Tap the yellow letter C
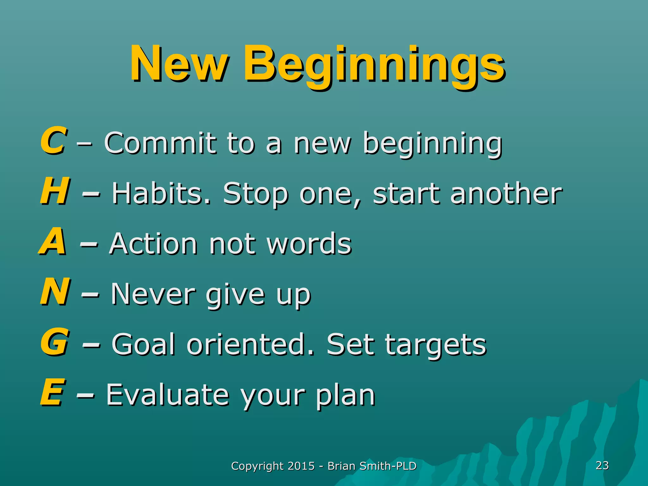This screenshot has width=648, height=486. click(53, 141)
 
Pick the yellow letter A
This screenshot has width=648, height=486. click(53, 242)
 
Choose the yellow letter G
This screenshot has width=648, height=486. click(54, 342)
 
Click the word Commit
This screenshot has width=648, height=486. click(160, 143)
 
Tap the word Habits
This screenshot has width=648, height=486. click(161, 193)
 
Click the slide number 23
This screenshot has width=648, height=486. click(602, 465)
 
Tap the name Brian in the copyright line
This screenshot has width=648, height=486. click(341, 466)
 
